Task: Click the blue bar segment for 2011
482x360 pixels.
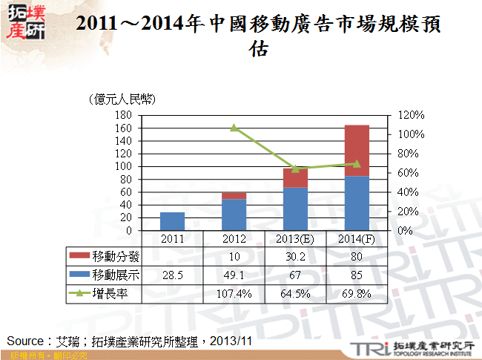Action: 172,221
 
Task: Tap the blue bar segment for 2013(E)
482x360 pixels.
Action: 295,209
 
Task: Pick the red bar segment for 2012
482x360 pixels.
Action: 234,195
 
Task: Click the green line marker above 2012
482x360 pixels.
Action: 234,128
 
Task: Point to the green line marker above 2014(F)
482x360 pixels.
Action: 357,163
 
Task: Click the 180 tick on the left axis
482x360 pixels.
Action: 124,115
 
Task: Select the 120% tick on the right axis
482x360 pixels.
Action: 409,115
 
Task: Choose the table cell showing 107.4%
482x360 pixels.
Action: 234,294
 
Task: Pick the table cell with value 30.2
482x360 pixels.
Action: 295,257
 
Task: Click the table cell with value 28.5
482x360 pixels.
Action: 172,275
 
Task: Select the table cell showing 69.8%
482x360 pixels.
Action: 357,294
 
